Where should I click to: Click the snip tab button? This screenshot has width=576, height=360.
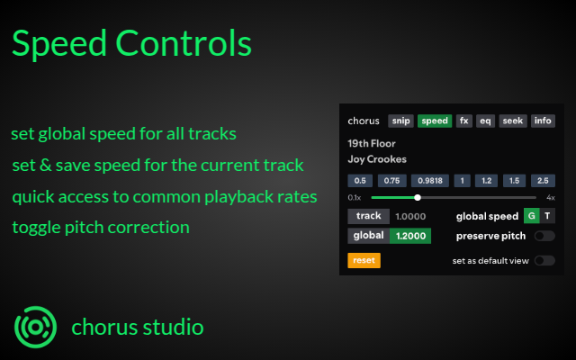400,121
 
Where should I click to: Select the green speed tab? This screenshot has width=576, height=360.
435,121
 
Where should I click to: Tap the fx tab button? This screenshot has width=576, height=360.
463,121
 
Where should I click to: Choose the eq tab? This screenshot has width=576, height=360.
485,121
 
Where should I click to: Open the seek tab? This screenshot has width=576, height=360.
513,121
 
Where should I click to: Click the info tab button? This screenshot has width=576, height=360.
543,121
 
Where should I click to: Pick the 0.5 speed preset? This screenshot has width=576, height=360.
360,180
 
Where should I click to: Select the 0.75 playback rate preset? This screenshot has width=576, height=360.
391,180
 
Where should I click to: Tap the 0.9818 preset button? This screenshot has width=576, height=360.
429,180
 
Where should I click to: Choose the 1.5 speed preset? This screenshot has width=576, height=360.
515,180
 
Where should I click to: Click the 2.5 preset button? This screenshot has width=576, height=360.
541,180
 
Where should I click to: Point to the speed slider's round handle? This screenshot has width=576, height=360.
418,197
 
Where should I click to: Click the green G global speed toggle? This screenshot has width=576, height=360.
531,216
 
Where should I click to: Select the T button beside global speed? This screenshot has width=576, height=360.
547,216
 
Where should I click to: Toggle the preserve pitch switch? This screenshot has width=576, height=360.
544,236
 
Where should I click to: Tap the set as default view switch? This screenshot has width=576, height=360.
544,261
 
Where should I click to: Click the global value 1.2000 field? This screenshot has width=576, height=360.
410,236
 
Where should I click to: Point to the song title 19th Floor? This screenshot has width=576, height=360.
372,143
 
